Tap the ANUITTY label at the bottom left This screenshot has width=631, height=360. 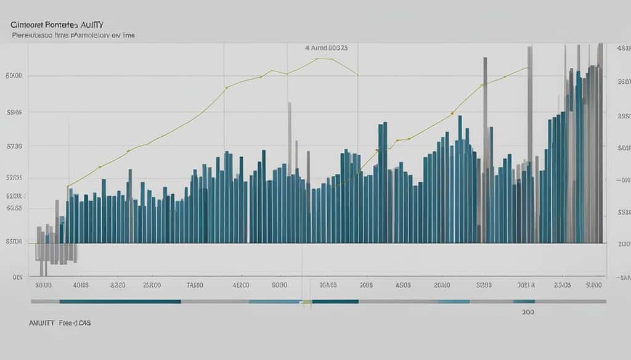[41, 322]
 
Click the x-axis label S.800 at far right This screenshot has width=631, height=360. [593, 285]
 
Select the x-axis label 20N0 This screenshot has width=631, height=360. [442, 285]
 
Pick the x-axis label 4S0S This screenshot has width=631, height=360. [403, 285]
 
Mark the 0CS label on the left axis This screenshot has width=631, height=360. [17, 277]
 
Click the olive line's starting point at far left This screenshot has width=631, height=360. [68, 185]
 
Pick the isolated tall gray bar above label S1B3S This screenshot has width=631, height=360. [485, 148]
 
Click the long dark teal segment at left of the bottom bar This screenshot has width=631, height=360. [120, 301]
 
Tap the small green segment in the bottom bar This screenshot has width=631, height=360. [306, 301]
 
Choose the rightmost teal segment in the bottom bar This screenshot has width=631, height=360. [524, 301]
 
